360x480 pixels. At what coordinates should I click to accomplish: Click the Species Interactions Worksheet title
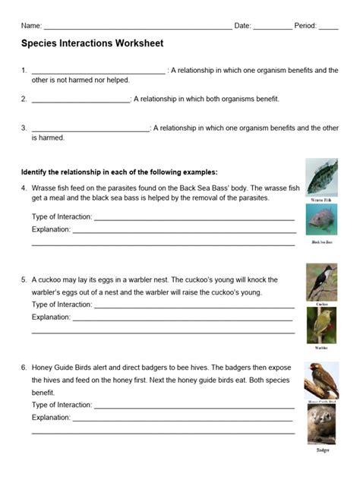click(x=92, y=44)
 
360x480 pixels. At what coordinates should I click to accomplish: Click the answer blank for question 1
click(x=98, y=72)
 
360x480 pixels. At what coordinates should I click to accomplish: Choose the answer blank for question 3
click(x=91, y=130)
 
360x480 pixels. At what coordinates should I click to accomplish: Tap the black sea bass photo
click(x=322, y=220)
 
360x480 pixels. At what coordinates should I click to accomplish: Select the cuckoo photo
click(x=322, y=281)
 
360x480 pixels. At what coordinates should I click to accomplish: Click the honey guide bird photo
click(x=322, y=379)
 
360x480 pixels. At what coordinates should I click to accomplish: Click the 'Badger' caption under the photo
click(x=323, y=450)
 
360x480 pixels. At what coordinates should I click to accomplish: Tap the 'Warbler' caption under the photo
click(x=322, y=347)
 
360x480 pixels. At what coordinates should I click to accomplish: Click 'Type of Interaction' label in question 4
click(x=62, y=216)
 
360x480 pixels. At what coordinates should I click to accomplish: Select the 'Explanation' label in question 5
click(x=51, y=317)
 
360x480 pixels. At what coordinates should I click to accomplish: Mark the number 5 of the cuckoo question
click(x=24, y=279)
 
